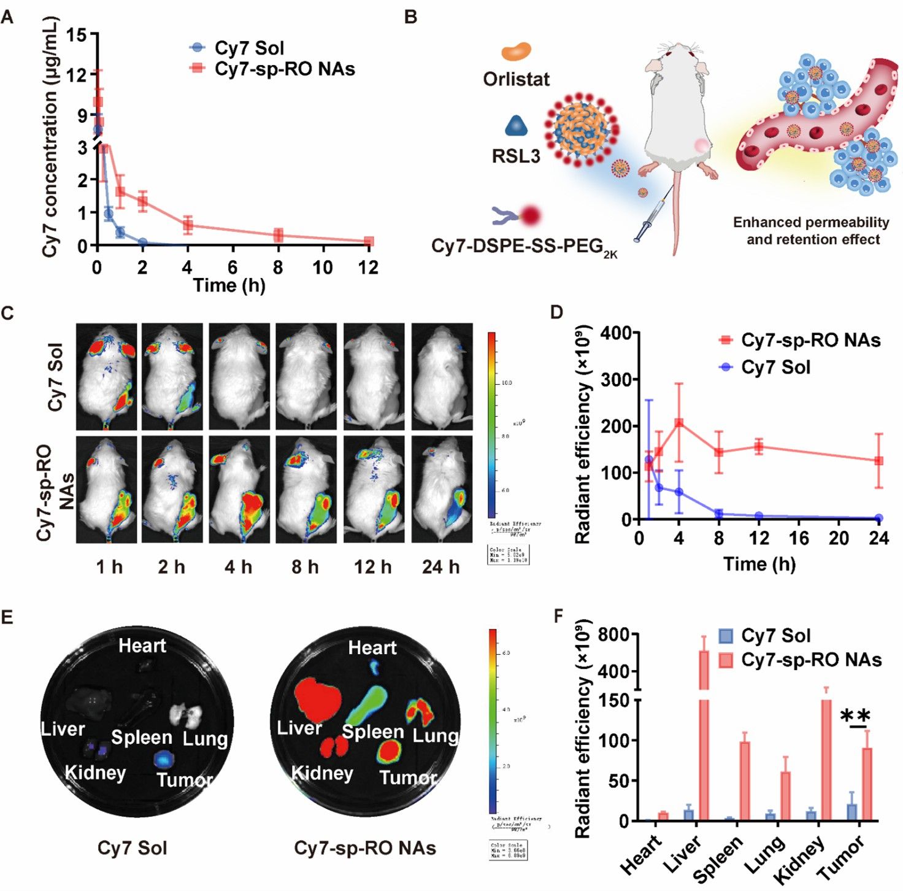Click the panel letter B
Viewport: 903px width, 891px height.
[x=411, y=17]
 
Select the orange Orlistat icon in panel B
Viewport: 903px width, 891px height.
[x=516, y=52]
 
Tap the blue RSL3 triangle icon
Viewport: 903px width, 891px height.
[x=516, y=126]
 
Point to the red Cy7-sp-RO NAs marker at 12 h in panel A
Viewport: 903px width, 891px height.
[x=369, y=241]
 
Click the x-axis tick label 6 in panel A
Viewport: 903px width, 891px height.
[x=232, y=268]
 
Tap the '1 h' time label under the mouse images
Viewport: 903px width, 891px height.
[x=109, y=567]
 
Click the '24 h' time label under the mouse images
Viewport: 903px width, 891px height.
[x=440, y=567]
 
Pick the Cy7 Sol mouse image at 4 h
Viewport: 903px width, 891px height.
[x=239, y=376]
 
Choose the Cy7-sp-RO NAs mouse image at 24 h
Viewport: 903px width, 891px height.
[x=442, y=489]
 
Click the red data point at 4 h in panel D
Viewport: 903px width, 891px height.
[x=679, y=423]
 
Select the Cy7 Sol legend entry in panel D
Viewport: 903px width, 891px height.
[x=764, y=368]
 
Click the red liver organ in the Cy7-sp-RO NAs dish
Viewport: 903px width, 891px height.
[x=317, y=699]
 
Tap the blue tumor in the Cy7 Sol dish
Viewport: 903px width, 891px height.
[x=165, y=759]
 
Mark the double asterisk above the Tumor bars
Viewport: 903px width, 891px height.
[x=855, y=715]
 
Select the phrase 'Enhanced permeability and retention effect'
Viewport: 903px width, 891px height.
[x=811, y=231]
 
